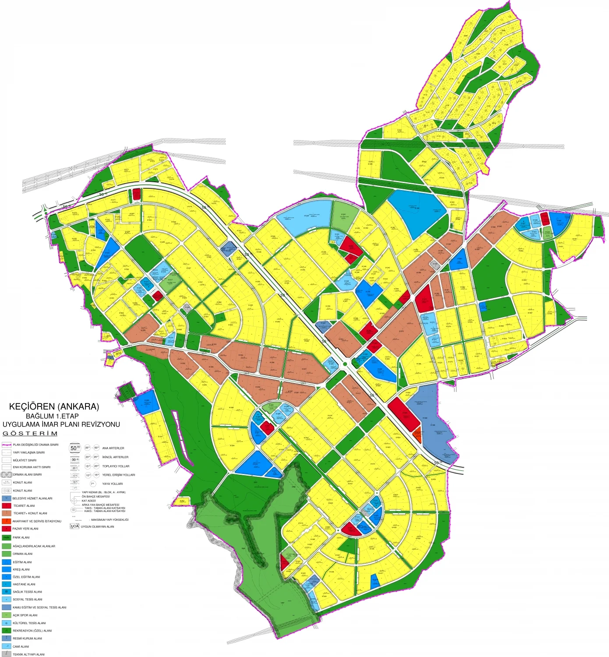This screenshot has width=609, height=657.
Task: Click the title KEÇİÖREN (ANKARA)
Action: [x=54, y=406]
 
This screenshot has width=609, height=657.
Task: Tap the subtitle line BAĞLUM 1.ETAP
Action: [x=52, y=416]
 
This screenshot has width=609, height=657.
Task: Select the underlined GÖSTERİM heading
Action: [x=30, y=433]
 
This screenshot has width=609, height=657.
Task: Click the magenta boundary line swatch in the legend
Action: [x=6, y=445]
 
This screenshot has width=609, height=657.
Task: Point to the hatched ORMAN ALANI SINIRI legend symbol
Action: [x=6, y=474]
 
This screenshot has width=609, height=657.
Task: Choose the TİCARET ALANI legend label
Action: [x=24, y=505]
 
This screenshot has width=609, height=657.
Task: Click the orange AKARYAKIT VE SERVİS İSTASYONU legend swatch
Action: [x=6, y=521]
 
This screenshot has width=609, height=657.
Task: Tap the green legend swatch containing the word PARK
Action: [x=6, y=537]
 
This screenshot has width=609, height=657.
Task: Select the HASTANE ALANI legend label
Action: [x=24, y=584]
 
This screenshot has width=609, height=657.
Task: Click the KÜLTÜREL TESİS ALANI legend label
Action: [x=29, y=623]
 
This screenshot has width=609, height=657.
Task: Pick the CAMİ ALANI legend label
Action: [x=21, y=646]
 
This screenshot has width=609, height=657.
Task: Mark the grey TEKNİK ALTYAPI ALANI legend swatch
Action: [x=6, y=654]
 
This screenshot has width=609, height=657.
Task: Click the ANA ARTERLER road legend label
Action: [x=113, y=448]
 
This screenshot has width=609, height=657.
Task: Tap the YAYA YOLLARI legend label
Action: [x=113, y=484]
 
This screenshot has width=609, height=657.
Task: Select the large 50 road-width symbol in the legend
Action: [x=75, y=448]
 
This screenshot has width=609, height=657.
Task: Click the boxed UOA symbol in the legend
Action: [x=74, y=526]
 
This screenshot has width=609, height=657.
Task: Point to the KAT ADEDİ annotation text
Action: [x=89, y=501]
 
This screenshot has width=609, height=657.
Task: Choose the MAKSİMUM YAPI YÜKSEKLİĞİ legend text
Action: [x=110, y=519]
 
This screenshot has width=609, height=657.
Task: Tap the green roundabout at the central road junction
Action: [x=345, y=364]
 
